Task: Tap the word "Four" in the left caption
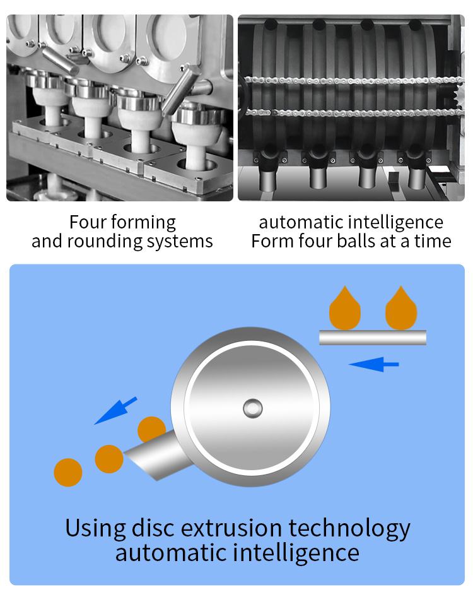coord(88,222)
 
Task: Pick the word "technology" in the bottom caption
coord(349,529)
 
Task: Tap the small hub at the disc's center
coord(253,408)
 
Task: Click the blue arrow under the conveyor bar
coord(373,364)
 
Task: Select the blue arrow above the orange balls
coord(115,411)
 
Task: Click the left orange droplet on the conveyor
coord(345,307)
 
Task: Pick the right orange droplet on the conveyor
coord(401,307)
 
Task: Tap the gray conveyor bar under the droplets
coord(373,338)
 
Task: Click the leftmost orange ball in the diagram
coord(68,472)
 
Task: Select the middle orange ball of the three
coord(109,459)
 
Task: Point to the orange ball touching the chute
coord(151,429)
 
